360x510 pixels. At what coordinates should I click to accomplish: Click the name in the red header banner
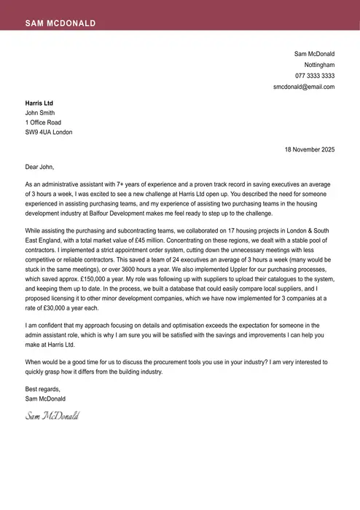click(x=60, y=23)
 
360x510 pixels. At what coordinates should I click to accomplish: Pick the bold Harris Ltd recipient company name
click(x=39, y=103)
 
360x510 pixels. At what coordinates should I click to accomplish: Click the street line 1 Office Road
click(x=43, y=123)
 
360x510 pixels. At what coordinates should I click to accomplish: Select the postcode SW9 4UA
click(x=38, y=133)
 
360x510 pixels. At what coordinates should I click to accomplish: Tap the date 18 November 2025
click(x=309, y=150)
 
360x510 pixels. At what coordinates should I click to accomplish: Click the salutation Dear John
click(x=40, y=167)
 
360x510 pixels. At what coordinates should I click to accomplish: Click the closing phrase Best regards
click(x=42, y=389)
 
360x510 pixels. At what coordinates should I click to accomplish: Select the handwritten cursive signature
click(x=52, y=416)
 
